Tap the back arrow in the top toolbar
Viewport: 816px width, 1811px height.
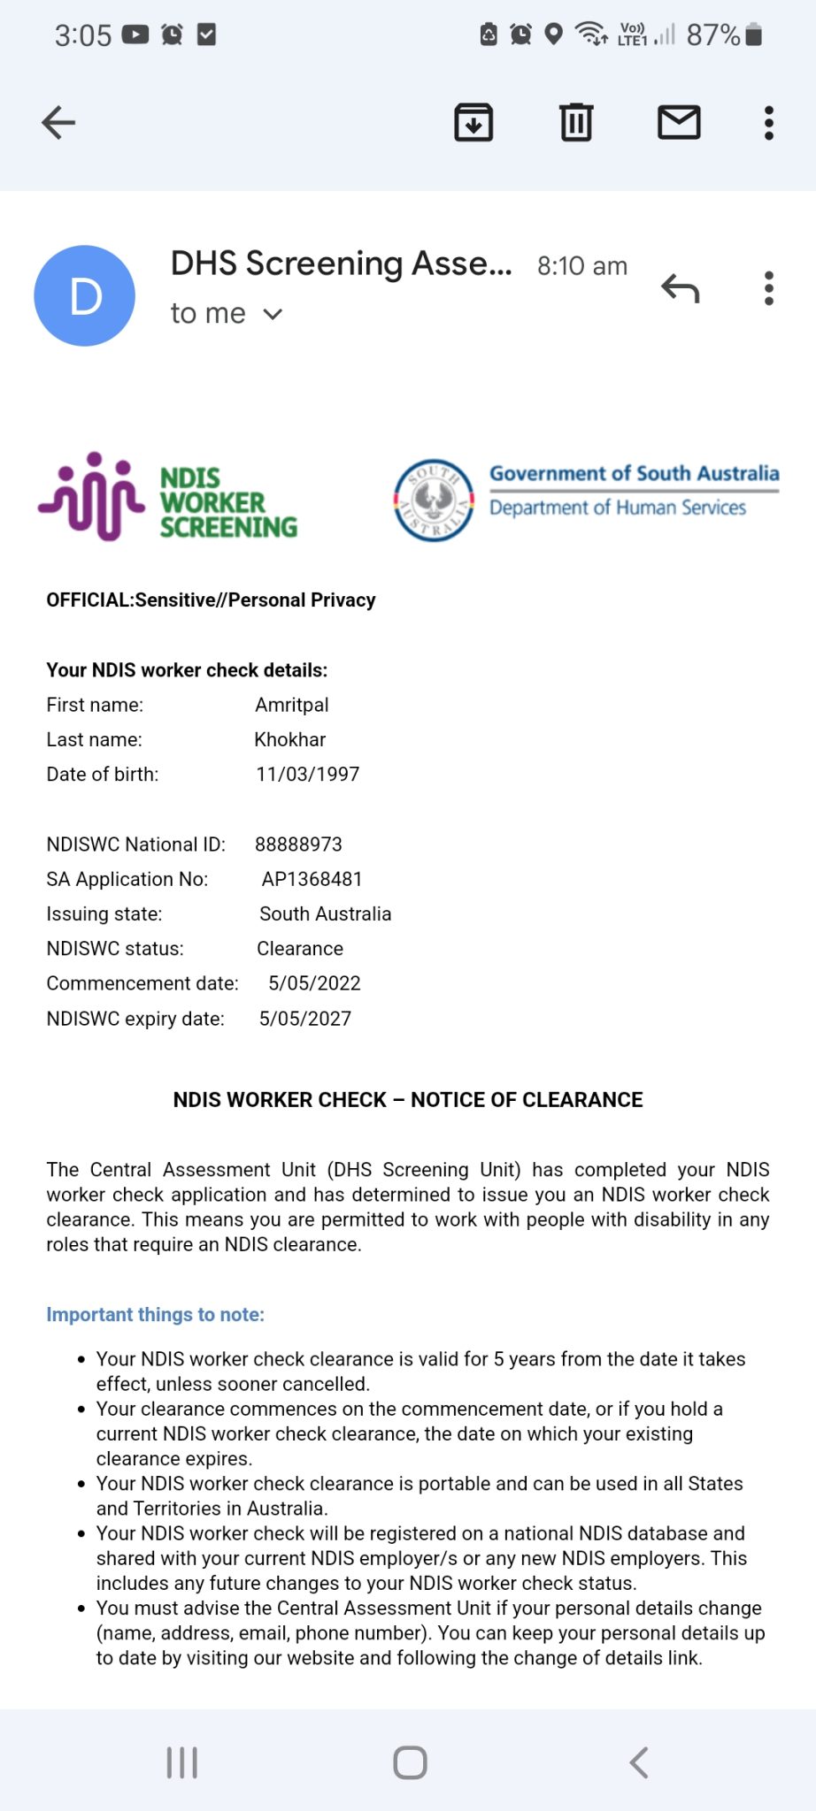point(58,123)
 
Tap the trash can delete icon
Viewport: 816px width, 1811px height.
point(576,123)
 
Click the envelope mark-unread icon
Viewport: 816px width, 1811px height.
point(679,123)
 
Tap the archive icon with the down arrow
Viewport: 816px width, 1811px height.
point(473,123)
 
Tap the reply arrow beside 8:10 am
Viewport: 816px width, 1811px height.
point(680,288)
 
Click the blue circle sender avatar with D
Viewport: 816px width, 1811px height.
point(85,295)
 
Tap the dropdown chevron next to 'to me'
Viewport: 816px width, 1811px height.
point(273,314)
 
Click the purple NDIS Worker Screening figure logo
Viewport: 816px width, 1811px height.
point(91,496)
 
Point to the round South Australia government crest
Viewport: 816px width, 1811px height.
point(434,501)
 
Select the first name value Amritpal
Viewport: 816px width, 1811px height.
point(292,705)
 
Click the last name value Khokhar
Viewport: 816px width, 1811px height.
point(290,739)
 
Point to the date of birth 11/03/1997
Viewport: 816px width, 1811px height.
point(308,774)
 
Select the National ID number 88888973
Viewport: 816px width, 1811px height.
point(298,844)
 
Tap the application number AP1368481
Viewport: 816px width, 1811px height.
point(312,879)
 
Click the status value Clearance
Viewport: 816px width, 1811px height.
point(300,949)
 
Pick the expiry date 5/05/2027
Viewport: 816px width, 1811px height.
point(305,1019)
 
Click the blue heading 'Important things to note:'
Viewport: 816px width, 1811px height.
point(156,1315)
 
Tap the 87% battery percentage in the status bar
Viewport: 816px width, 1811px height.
point(713,35)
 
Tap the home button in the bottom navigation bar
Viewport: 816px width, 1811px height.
point(410,1762)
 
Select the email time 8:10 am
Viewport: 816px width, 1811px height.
point(582,266)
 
